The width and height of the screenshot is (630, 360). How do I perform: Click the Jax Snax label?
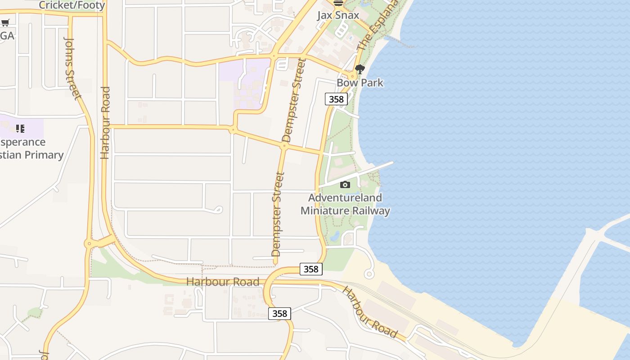[x=338, y=15]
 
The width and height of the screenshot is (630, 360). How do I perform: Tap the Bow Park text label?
[x=360, y=83]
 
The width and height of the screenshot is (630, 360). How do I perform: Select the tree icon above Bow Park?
[x=360, y=69]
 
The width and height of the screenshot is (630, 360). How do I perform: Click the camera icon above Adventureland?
[x=345, y=184]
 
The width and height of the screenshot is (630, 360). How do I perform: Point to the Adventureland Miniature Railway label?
[x=345, y=204]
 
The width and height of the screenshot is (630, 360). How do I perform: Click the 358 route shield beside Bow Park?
[x=336, y=99]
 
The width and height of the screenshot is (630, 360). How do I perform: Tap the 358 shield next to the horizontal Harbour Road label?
[x=310, y=269]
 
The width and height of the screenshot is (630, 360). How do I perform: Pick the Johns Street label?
[x=72, y=68]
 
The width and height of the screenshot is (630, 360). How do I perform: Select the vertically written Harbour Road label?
[x=105, y=122]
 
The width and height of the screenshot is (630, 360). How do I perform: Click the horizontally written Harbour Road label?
[x=223, y=282]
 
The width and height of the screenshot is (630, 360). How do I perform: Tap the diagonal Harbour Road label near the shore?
[x=370, y=311]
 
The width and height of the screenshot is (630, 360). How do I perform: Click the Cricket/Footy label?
[x=72, y=5]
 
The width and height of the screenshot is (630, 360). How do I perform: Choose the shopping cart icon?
[x=5, y=23]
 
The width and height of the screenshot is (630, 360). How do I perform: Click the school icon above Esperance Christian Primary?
[x=20, y=129]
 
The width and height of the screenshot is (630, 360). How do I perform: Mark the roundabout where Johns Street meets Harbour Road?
[x=89, y=243]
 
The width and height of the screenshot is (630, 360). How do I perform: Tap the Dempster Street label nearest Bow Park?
[x=292, y=100]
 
